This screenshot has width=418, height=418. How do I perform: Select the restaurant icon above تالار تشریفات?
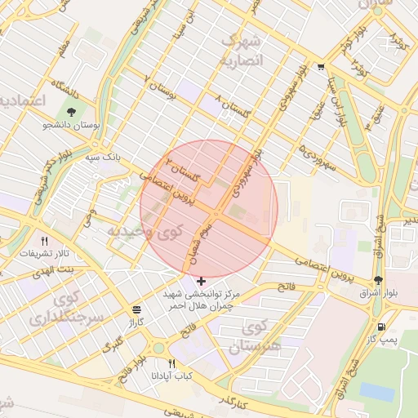(44, 241)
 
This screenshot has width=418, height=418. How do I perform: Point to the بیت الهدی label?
(59, 269)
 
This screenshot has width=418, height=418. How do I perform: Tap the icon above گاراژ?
(136, 310)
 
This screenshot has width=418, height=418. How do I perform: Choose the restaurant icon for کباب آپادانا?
(171, 363)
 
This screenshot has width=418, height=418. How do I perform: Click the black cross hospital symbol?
(202, 281)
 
